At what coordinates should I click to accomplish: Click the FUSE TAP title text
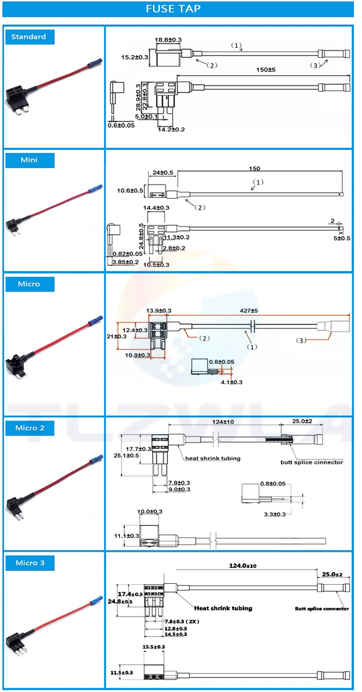pyautogui.click(x=173, y=9)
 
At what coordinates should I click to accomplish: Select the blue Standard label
pyautogui.click(x=29, y=37)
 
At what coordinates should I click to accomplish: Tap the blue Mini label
pyautogui.click(x=29, y=160)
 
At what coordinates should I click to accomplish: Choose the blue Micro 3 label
pyautogui.click(x=30, y=563)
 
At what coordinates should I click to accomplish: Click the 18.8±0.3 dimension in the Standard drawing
pyautogui.click(x=168, y=40)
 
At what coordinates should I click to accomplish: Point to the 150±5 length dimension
pyautogui.click(x=266, y=70)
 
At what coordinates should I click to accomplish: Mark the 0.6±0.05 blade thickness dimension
pyautogui.click(x=121, y=125)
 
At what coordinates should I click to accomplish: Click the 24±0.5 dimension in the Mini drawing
pyautogui.click(x=163, y=173)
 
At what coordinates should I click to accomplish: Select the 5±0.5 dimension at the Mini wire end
pyautogui.click(x=342, y=238)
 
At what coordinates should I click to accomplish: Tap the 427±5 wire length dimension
pyautogui.click(x=249, y=311)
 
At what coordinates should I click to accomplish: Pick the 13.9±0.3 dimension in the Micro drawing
pyautogui.click(x=159, y=311)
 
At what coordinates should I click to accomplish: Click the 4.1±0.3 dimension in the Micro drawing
pyautogui.click(x=232, y=382)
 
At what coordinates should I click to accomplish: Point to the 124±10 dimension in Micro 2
pyautogui.click(x=223, y=422)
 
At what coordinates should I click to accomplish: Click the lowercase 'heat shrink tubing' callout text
pyautogui.click(x=213, y=459)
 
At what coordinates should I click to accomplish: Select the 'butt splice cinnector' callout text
pyautogui.click(x=312, y=463)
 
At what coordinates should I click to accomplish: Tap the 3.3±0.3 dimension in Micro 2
pyautogui.click(x=275, y=514)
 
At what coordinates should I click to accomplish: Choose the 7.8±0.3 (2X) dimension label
pyautogui.click(x=182, y=621)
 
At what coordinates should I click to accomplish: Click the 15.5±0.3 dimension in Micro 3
pyautogui.click(x=153, y=647)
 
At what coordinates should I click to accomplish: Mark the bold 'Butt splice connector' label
pyautogui.click(x=322, y=609)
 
